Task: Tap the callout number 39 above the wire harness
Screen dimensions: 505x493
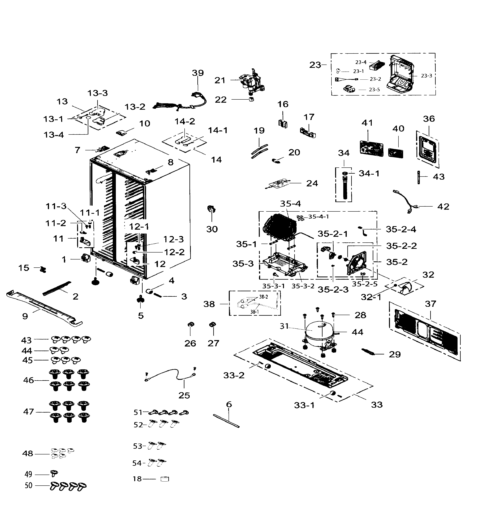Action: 198,73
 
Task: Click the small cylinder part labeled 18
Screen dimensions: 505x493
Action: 165,479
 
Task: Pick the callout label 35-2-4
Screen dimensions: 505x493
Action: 401,229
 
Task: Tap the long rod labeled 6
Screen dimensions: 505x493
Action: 226,421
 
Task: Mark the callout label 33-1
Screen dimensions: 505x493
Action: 304,405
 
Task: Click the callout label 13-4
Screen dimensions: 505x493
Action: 54,135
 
